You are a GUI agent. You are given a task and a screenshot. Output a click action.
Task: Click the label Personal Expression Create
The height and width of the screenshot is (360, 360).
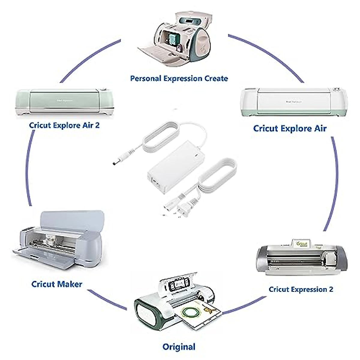click(x=179, y=79)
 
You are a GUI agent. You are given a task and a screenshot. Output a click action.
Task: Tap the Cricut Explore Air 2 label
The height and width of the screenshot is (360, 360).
click(x=64, y=125)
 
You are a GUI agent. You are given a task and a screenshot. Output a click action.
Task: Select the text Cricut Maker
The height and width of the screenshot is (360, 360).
click(x=57, y=284)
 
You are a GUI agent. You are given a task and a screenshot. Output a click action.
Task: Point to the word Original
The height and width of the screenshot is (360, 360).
click(x=179, y=347)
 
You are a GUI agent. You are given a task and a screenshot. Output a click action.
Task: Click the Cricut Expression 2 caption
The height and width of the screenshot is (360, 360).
click(x=301, y=289)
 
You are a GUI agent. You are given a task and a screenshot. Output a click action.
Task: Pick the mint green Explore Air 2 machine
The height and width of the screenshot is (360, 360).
click(x=64, y=102)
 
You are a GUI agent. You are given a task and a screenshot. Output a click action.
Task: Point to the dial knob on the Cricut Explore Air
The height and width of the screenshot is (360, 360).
click(x=337, y=90)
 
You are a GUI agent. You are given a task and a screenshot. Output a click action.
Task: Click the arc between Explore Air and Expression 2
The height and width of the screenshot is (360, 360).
click(x=335, y=183)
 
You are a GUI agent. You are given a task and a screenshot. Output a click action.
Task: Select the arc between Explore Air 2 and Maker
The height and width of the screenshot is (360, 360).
click(x=28, y=171)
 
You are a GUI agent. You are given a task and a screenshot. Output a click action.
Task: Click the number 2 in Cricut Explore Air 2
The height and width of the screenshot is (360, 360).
click(x=97, y=125)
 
